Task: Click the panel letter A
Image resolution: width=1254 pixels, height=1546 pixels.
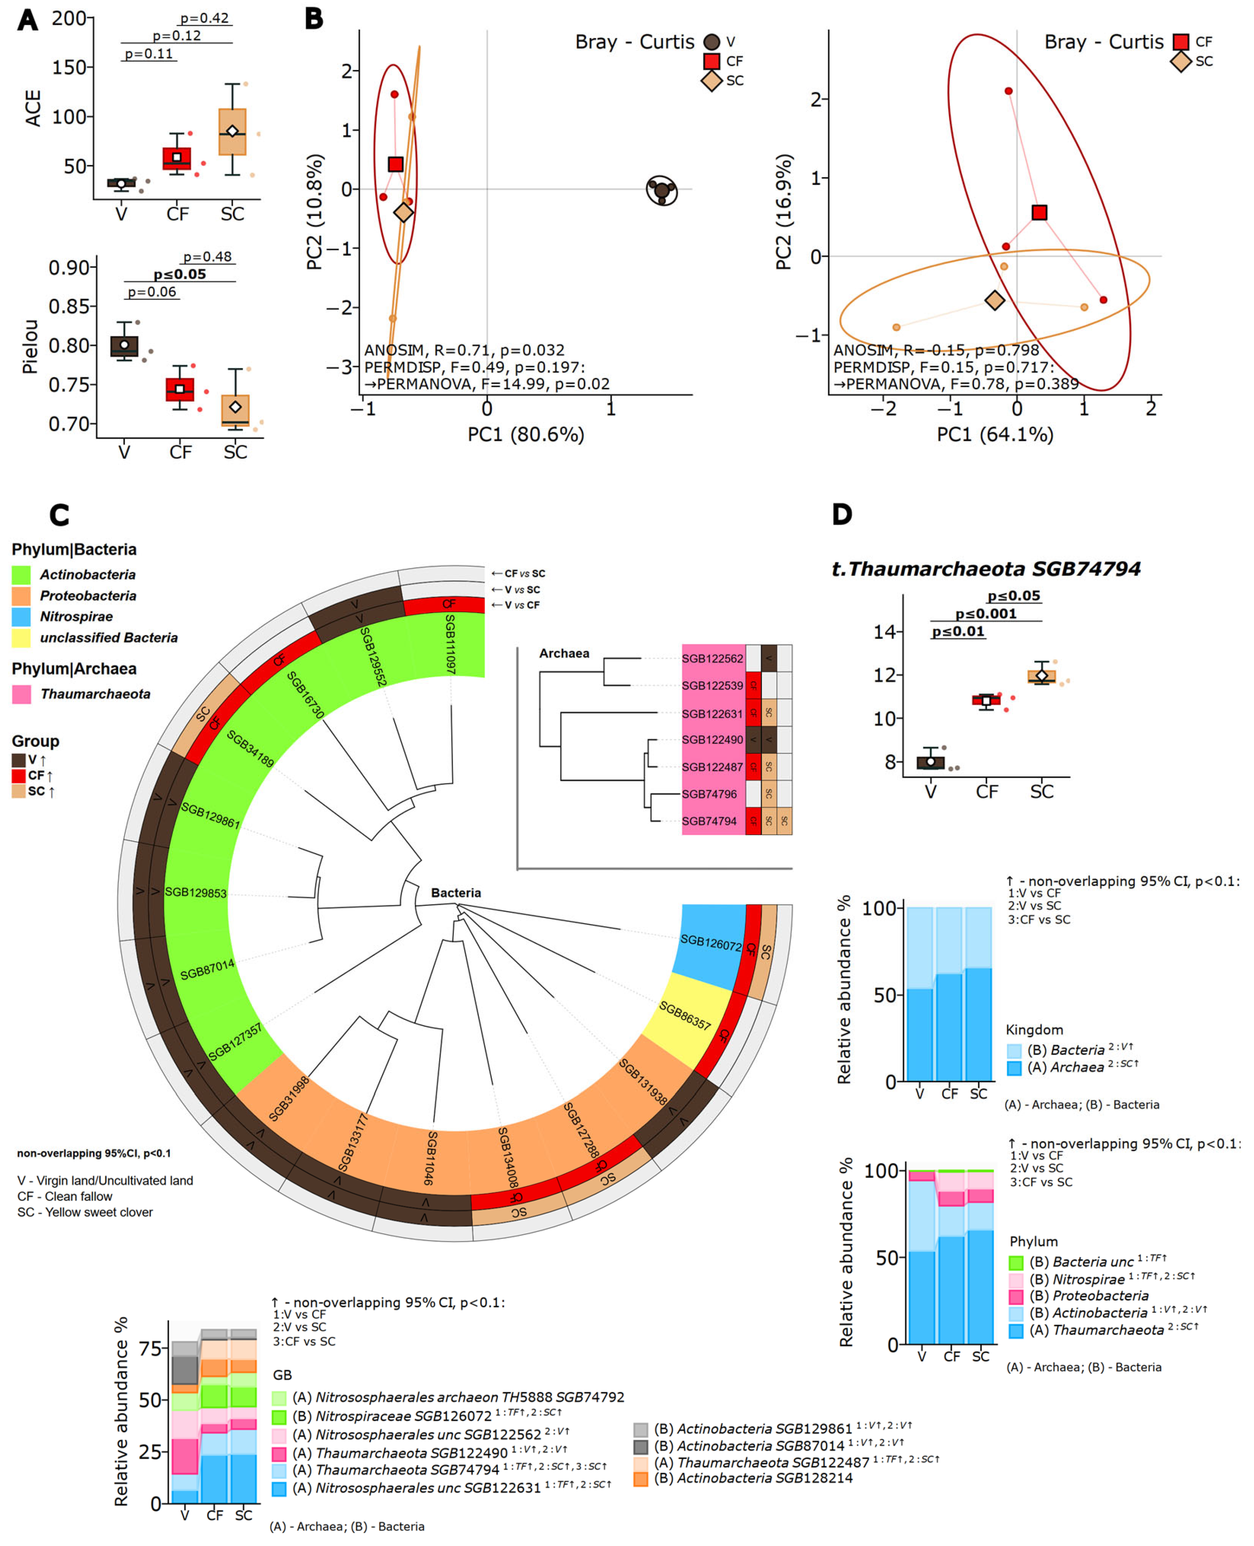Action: click(27, 19)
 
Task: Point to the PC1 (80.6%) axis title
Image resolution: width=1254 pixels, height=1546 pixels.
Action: click(525, 434)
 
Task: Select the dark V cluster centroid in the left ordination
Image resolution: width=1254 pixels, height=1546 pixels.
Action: click(662, 191)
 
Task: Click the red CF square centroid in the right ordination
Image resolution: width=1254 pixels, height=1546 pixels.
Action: click(1039, 212)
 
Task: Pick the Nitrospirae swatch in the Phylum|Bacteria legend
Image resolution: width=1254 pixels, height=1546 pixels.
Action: click(21, 616)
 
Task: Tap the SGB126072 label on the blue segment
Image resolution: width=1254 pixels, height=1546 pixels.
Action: click(711, 942)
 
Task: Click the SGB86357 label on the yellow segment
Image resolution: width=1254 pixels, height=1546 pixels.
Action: click(684, 1017)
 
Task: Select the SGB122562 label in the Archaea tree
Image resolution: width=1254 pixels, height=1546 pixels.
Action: click(712, 658)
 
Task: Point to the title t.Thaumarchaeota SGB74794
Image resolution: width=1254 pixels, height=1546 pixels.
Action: click(986, 569)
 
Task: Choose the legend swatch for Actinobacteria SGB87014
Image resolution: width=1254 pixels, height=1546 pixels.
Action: click(641, 1446)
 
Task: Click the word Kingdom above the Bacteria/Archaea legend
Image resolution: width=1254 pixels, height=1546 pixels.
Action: click(1034, 1030)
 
